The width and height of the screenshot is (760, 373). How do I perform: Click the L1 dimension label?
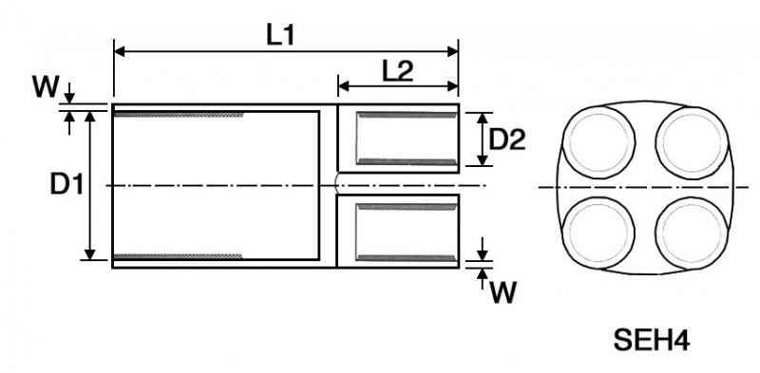pyautogui.click(x=280, y=35)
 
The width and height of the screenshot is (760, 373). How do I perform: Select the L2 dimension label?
pyautogui.click(x=398, y=71)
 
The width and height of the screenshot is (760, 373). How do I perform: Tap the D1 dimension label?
pyautogui.click(x=66, y=184)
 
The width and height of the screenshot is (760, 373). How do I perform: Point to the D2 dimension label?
pyautogui.click(x=507, y=140)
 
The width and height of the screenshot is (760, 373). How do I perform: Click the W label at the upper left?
pyautogui.click(x=46, y=87)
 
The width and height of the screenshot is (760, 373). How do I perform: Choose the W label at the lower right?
pyautogui.click(x=503, y=292)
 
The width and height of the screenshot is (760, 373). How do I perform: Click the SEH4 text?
pyautogui.click(x=652, y=340)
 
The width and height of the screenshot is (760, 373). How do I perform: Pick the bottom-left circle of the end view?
pyautogui.click(x=598, y=233)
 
